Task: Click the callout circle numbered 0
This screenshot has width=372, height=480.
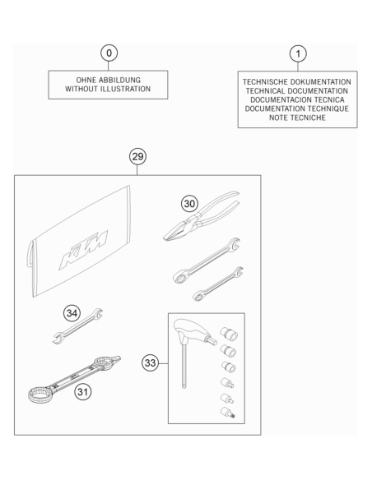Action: tap(109, 53)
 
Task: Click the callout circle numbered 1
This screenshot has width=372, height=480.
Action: tap(298, 54)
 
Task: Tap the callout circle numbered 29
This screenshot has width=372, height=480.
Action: tap(137, 156)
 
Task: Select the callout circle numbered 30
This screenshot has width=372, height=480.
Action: tap(189, 204)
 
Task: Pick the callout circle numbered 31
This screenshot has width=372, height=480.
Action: tap(83, 391)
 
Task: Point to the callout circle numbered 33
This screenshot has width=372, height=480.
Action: tap(150, 363)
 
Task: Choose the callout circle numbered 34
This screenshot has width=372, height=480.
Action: tap(72, 313)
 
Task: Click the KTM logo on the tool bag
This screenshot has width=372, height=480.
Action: tap(83, 250)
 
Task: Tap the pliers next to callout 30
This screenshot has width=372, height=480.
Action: tap(202, 216)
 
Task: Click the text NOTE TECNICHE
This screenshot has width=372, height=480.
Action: tap(297, 118)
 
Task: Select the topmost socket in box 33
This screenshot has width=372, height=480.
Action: tap(229, 333)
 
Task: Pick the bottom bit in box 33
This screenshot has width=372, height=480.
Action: tap(228, 412)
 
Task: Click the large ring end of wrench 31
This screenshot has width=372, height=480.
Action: tap(39, 394)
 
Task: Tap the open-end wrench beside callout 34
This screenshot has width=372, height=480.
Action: tap(77, 326)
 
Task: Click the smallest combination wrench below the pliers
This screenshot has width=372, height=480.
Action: tap(218, 284)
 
